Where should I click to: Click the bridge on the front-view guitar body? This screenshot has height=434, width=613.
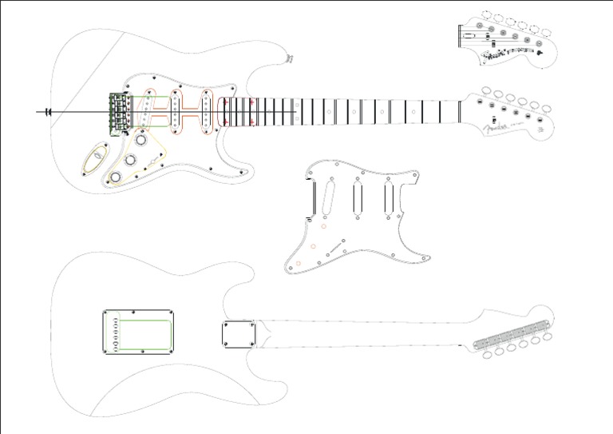pos(119,111)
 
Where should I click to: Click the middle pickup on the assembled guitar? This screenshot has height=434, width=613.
pos(176,111)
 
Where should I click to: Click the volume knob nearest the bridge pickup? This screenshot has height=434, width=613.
pos(142,141)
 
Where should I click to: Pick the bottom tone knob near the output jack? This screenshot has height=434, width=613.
pos(117,176)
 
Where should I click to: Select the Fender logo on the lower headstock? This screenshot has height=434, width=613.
pos(500,129)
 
